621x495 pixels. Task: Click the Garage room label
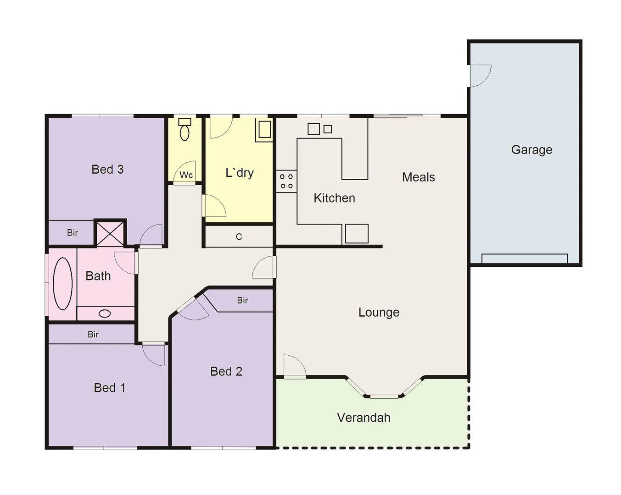(x=531, y=150)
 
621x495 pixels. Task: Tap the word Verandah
(x=364, y=418)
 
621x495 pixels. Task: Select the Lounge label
(x=379, y=313)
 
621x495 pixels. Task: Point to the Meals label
(x=418, y=177)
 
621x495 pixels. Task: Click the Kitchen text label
(x=334, y=198)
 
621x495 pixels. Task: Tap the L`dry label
(x=239, y=173)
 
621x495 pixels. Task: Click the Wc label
(x=186, y=175)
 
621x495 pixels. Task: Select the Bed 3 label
(x=107, y=170)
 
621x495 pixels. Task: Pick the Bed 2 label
(x=226, y=371)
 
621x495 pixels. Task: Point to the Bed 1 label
(x=109, y=388)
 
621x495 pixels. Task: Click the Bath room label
(x=98, y=276)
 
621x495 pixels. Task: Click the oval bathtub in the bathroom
(x=63, y=283)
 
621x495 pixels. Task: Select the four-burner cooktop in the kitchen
(x=286, y=181)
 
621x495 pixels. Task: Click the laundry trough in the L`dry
(x=264, y=130)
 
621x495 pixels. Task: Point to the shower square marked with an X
(x=110, y=233)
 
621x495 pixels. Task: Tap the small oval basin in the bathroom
(x=105, y=313)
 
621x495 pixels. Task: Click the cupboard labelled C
(x=239, y=237)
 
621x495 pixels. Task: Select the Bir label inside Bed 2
(x=242, y=301)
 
